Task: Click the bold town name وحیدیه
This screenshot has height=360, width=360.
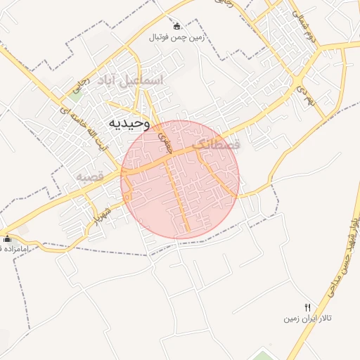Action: [x=129, y=123]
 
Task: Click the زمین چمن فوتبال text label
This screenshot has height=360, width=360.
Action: [x=176, y=38]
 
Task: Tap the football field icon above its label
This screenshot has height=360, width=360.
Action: [x=176, y=26]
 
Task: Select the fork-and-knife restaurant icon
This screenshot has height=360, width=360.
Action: [x=307, y=307]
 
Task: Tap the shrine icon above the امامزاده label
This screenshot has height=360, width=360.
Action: [x=6, y=238]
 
